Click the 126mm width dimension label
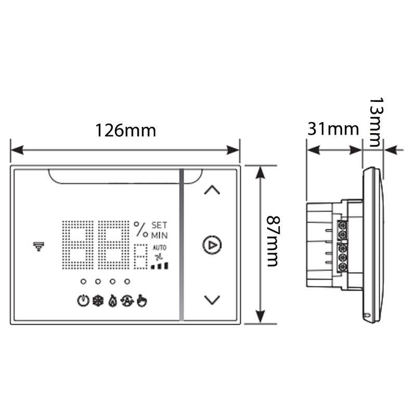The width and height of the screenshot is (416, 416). (x=125, y=131)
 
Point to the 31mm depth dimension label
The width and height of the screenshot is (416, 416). (x=333, y=129)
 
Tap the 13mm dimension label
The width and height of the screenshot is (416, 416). (x=376, y=122)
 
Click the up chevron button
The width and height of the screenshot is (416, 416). (x=212, y=190)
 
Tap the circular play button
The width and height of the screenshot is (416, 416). (x=212, y=244)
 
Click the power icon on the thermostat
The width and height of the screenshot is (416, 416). (x=83, y=301)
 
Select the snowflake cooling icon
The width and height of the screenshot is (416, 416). (x=98, y=301)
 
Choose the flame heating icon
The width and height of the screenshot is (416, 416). (x=113, y=301)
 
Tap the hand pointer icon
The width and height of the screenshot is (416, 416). (x=142, y=301)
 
